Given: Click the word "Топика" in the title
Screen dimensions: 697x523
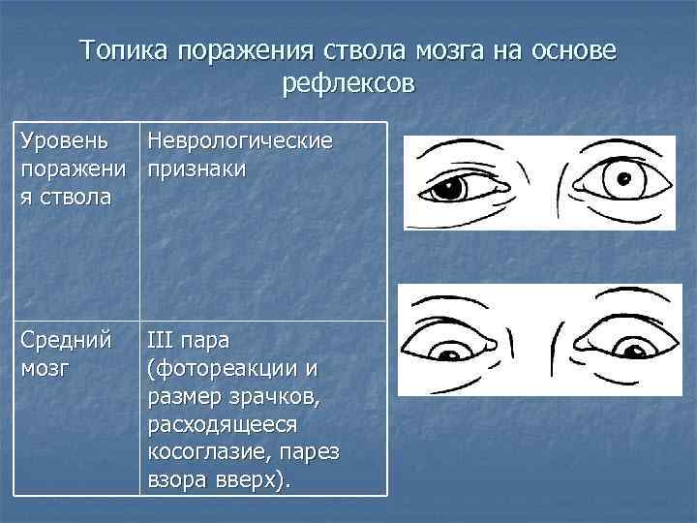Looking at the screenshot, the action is (123, 50).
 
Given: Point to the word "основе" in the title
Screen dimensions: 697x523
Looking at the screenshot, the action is (567, 50).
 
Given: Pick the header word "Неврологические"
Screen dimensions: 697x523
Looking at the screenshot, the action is (240, 141).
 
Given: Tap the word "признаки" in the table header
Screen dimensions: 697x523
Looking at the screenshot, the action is (197, 169).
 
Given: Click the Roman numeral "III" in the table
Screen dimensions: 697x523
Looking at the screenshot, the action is (162, 340).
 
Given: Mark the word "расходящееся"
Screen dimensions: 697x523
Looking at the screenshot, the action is (224, 424).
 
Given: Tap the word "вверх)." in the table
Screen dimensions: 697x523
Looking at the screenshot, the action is (254, 480).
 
